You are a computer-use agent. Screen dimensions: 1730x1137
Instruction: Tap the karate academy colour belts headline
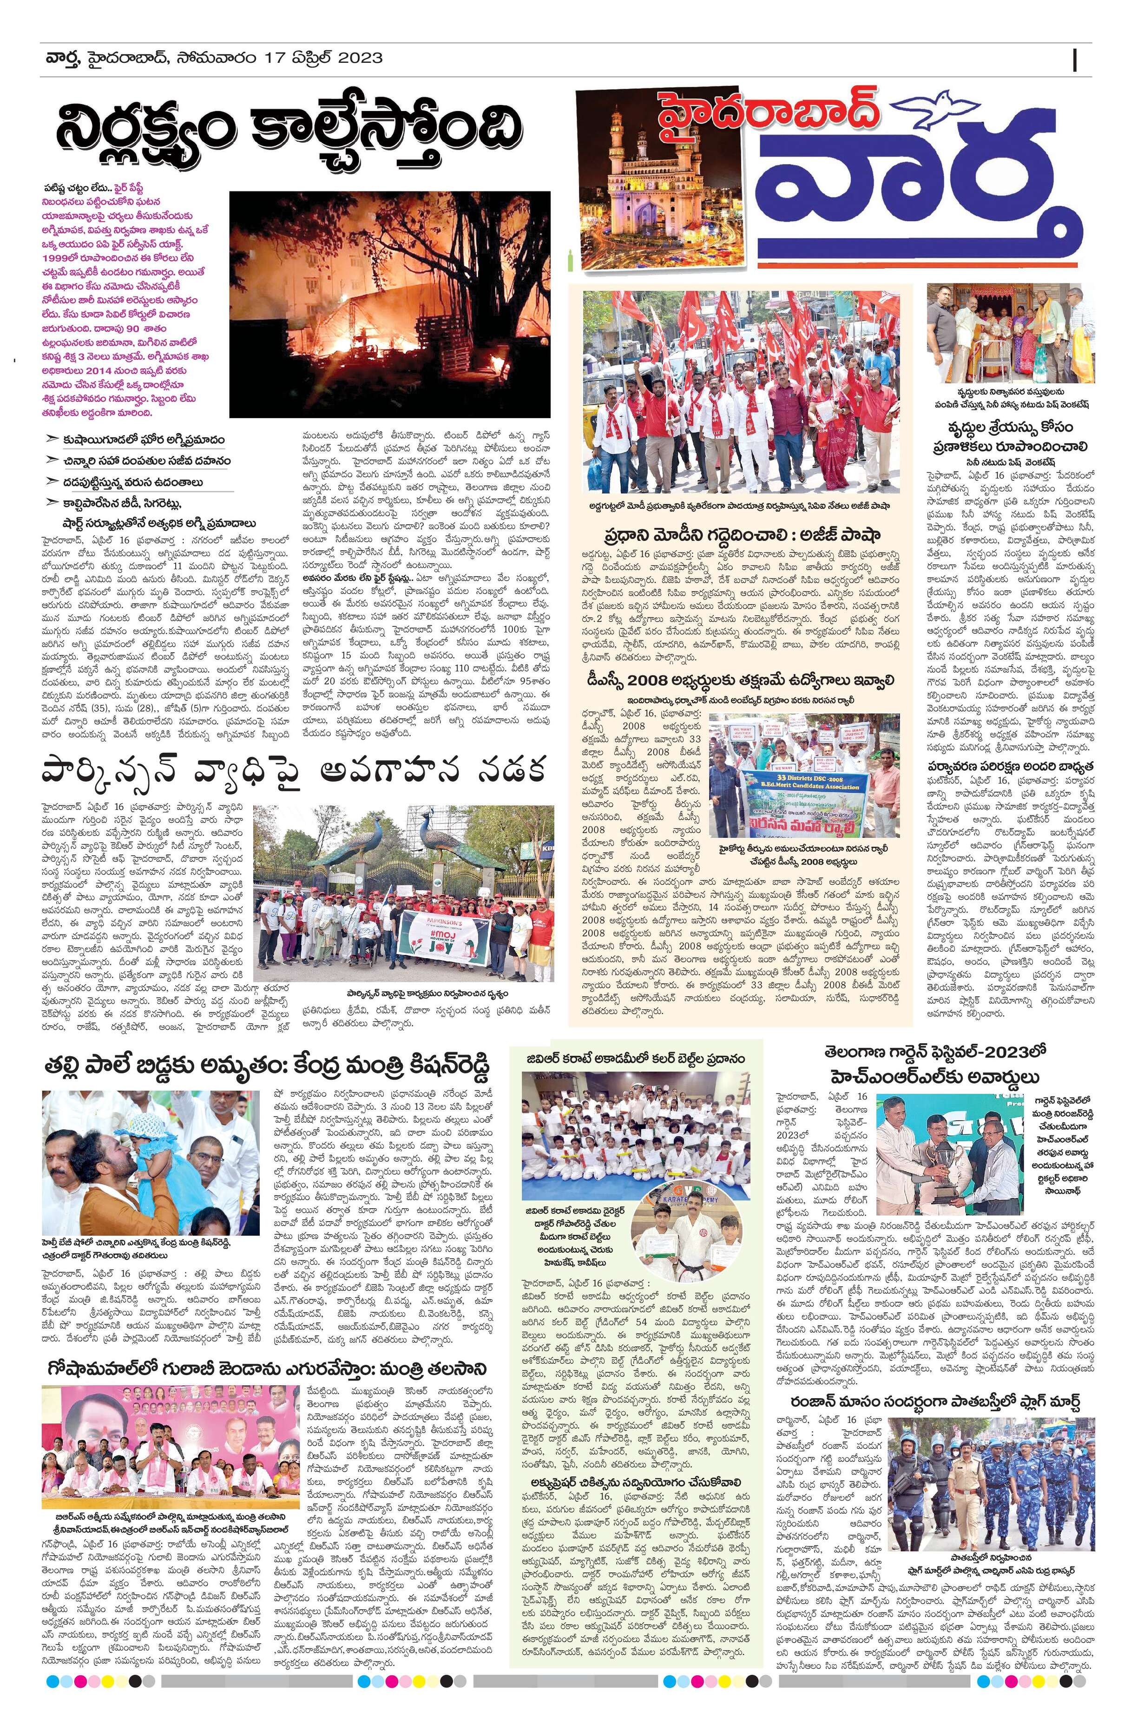[638, 1059]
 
